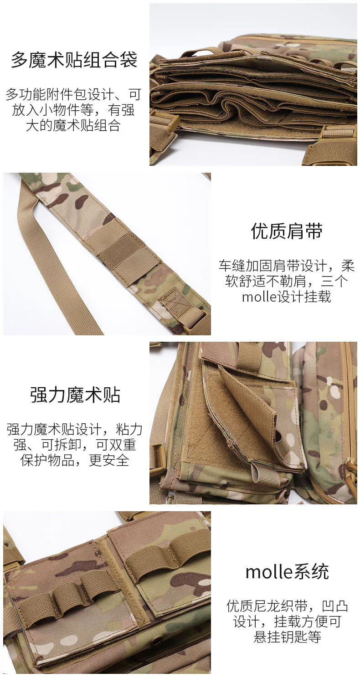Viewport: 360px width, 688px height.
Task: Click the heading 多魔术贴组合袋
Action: (74, 60)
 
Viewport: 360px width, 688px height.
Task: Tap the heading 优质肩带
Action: (287, 231)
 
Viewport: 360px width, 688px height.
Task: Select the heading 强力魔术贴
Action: (75, 395)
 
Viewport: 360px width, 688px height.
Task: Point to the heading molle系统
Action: (287, 572)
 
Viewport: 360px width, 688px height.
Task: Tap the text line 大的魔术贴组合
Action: (73, 126)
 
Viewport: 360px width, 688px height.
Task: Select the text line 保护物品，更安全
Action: (75, 460)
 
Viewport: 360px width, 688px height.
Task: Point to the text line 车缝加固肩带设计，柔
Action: (287, 266)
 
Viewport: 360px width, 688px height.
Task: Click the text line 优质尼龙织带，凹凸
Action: (287, 606)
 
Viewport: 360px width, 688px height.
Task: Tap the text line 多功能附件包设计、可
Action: (73, 94)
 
